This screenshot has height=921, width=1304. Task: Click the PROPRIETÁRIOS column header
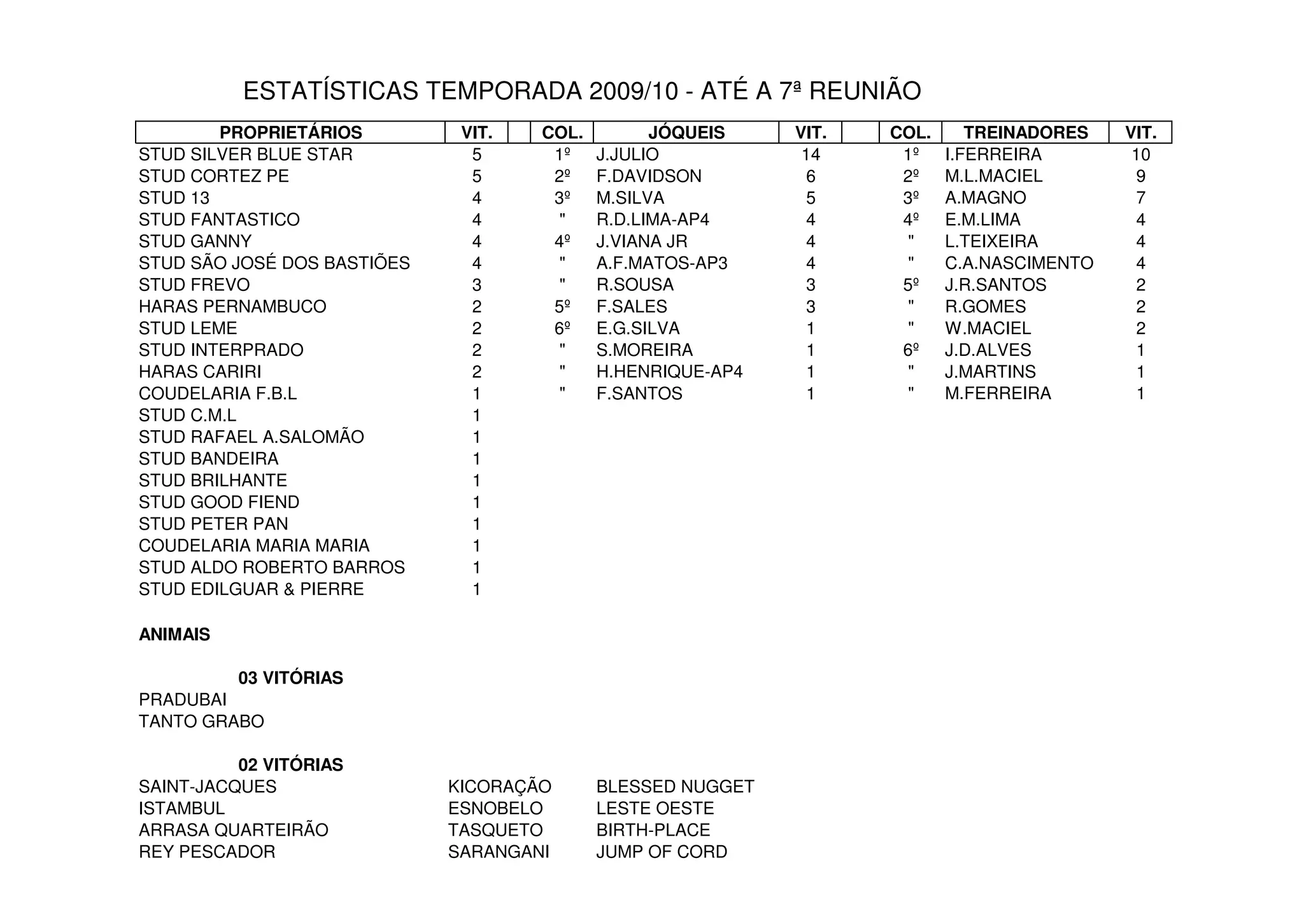290,132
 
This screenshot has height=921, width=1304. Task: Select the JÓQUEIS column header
686,132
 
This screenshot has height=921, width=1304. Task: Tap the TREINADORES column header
1025,132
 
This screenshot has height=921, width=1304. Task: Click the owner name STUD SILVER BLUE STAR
245,155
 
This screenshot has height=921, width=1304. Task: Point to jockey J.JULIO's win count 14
811,155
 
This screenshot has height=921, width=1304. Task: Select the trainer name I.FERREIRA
993,155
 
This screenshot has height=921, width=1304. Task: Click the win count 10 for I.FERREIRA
1140,155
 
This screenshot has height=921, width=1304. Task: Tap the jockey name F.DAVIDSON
649,176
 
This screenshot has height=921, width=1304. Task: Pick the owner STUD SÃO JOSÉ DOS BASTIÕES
274,263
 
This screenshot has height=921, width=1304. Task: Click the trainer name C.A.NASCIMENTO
1019,263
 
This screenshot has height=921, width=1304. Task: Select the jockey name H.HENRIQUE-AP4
669,372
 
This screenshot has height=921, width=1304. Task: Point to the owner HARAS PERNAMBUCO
232,307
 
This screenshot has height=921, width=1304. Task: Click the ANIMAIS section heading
174,635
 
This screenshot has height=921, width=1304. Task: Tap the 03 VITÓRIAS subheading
290,678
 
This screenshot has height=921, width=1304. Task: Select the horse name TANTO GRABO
201,722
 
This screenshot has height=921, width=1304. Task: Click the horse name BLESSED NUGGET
675,787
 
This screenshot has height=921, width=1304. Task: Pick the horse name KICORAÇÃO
499,787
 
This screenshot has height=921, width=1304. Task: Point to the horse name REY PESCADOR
207,852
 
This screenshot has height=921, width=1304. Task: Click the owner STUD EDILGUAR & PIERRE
251,589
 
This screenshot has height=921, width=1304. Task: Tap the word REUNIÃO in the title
865,91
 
